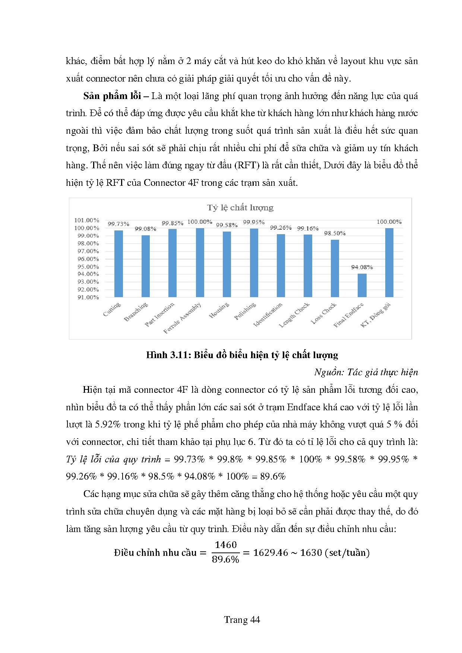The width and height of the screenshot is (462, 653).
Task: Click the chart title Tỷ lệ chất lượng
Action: (x=240, y=208)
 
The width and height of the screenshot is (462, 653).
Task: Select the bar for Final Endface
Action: (x=362, y=285)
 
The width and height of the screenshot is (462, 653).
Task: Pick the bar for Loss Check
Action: (x=335, y=268)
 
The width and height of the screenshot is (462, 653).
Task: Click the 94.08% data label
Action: (x=362, y=267)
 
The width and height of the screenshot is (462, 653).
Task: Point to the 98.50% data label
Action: (x=335, y=233)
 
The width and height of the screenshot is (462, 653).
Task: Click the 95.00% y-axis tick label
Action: (x=88, y=267)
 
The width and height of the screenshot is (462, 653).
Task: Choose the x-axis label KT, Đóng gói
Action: (x=376, y=315)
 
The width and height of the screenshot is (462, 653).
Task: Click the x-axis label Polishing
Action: (x=245, y=311)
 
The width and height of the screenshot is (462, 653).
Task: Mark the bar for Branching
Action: (x=146, y=266)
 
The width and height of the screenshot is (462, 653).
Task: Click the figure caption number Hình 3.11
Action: (x=168, y=355)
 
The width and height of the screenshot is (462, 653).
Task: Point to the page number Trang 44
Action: (x=242, y=619)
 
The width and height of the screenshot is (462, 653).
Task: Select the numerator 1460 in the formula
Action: (x=226, y=545)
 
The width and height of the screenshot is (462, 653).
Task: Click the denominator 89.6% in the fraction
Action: (x=225, y=560)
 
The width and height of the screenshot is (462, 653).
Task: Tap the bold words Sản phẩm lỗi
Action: (x=112, y=96)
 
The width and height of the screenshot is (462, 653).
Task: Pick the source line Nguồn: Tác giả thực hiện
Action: (x=366, y=372)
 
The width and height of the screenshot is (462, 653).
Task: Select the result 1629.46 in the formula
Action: (x=270, y=552)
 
